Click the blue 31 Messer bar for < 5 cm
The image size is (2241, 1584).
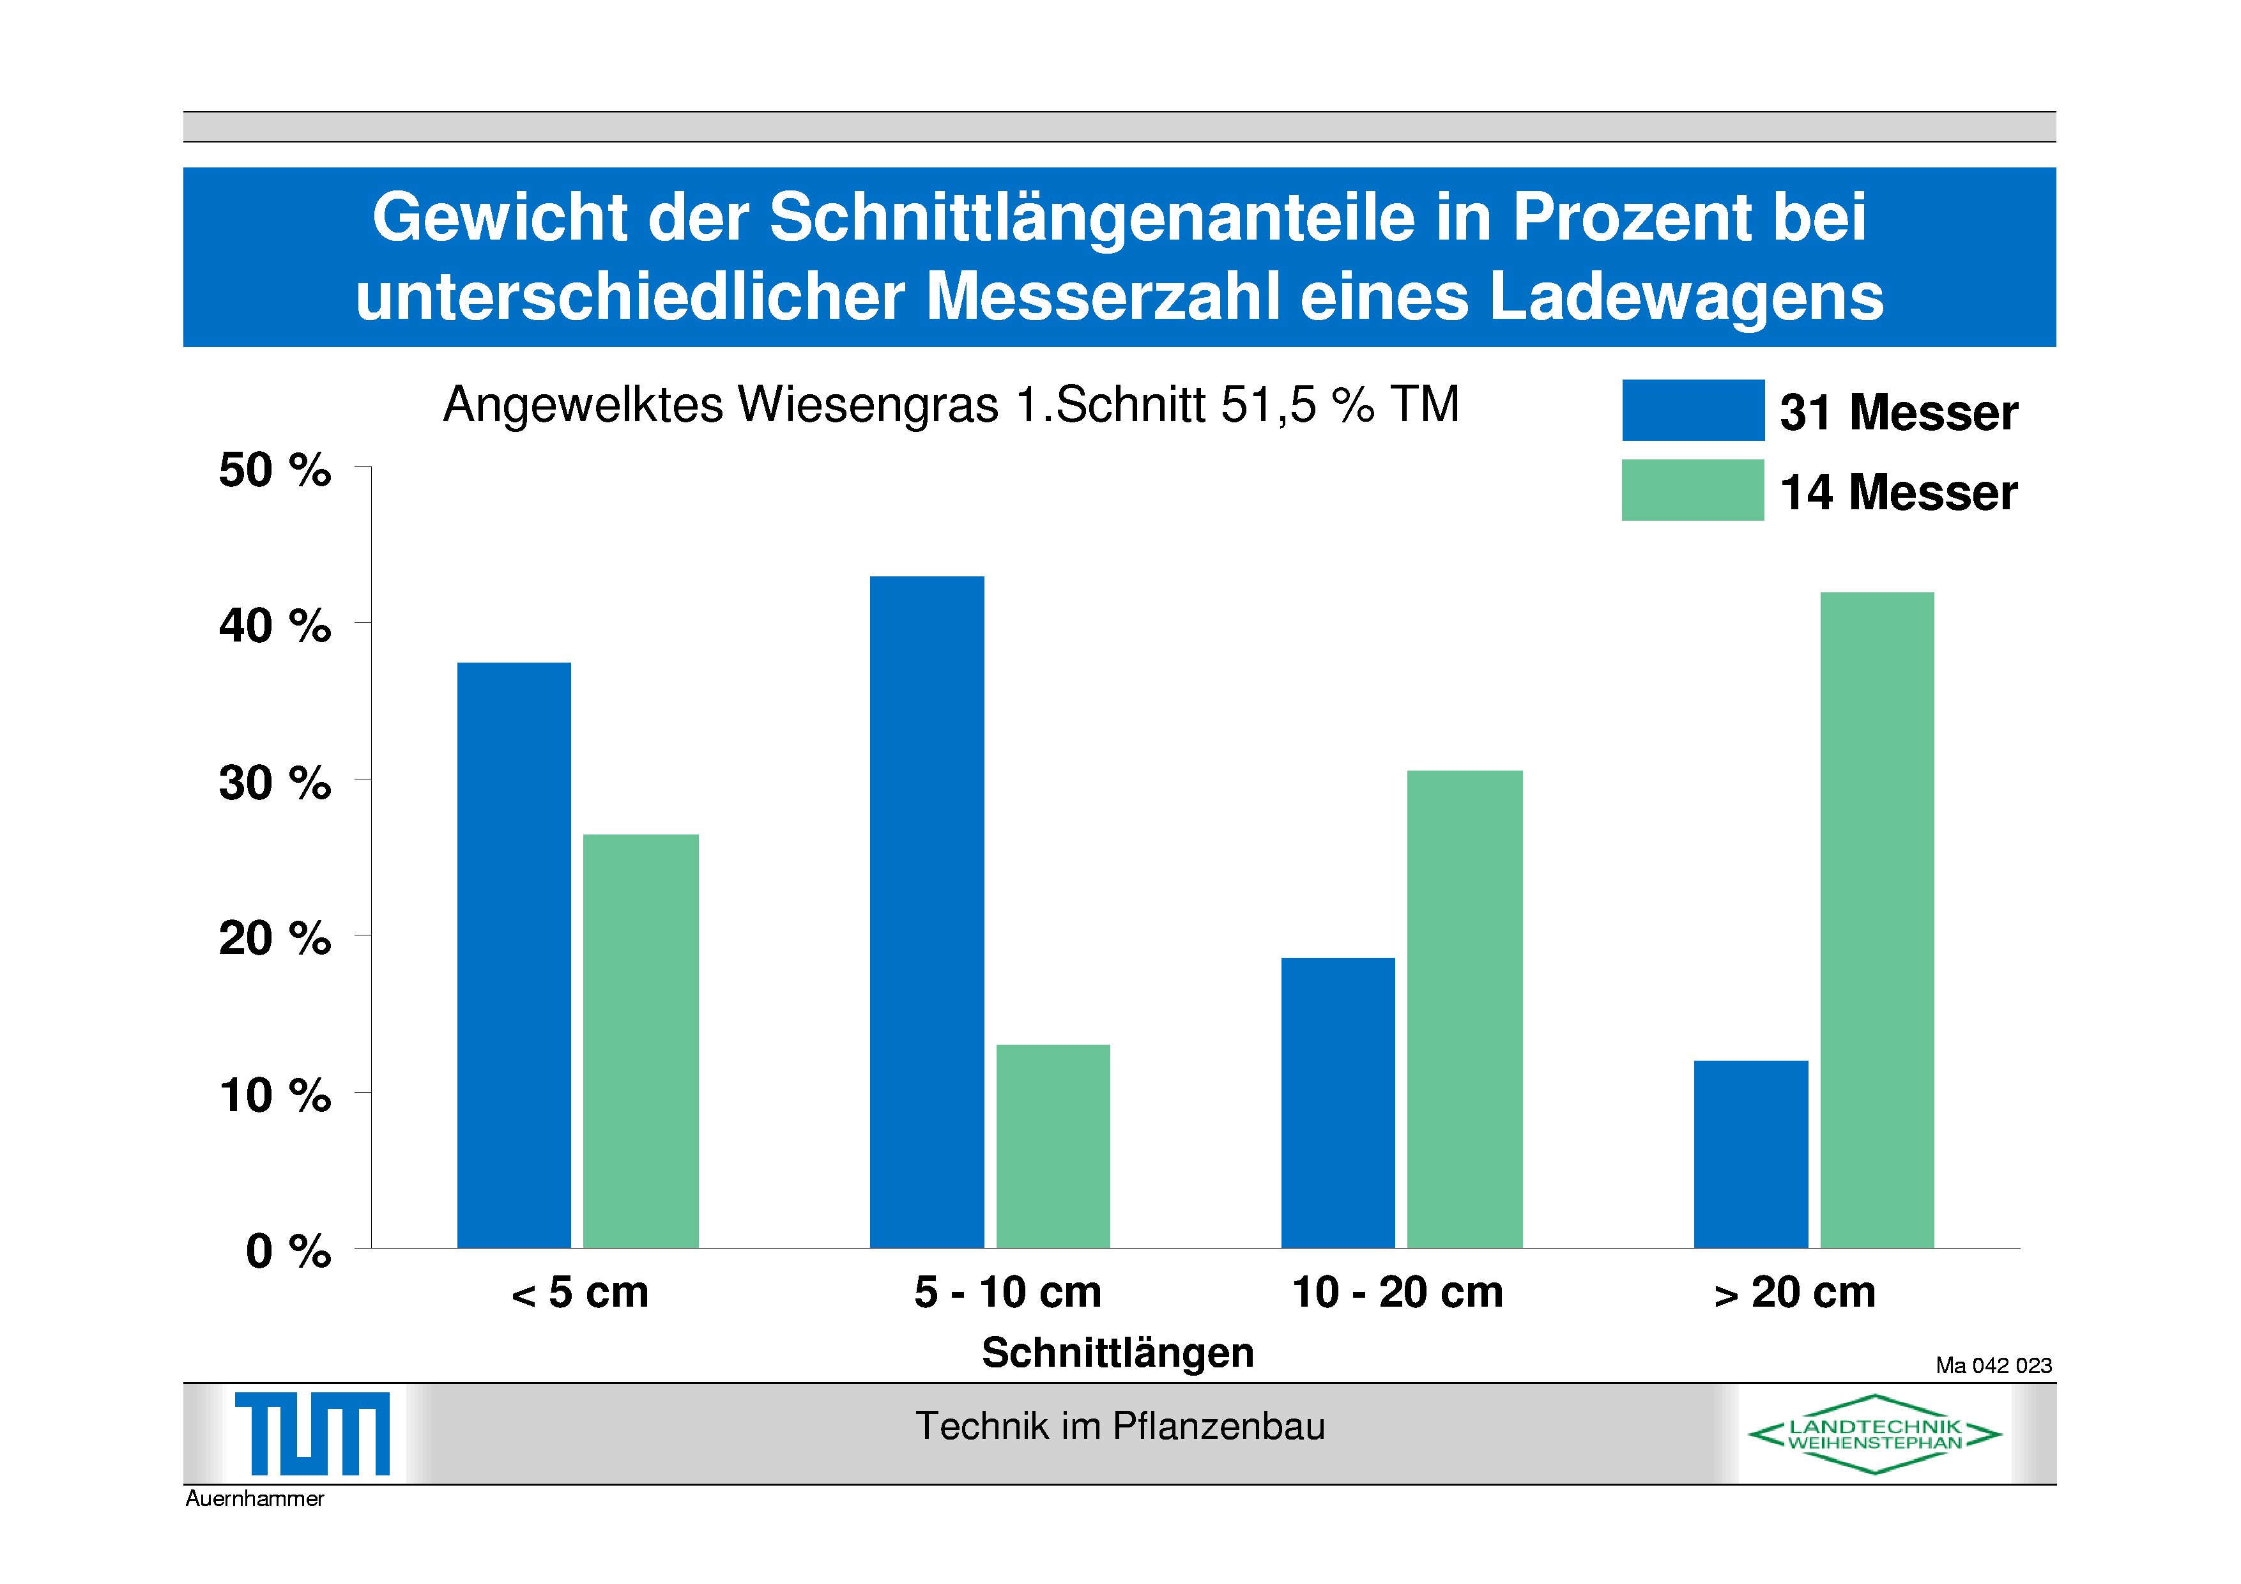pos(514,955)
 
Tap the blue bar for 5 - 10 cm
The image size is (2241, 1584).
pos(926,912)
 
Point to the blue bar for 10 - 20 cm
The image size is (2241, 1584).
pos(1338,1103)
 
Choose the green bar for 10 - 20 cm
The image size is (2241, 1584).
pos(1464,1009)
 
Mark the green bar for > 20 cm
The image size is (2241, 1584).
pos(1877,919)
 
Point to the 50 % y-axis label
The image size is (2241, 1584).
pos(274,470)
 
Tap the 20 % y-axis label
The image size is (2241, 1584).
pos(274,939)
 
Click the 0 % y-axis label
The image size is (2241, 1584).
pos(288,1251)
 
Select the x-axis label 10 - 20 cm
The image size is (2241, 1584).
pos(1398,1292)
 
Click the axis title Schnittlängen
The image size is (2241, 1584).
pos(1117,1353)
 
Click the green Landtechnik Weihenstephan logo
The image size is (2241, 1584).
pos(1875,1434)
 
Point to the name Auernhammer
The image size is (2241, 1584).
pos(255,1498)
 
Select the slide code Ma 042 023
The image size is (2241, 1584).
pos(1994,1365)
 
